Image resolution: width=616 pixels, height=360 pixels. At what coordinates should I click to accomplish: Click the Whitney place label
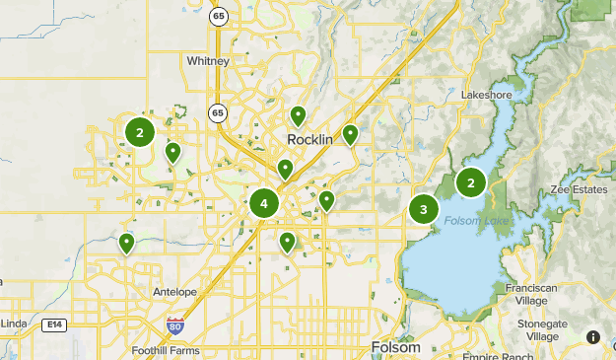207,61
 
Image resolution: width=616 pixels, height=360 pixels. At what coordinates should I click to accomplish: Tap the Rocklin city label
310,139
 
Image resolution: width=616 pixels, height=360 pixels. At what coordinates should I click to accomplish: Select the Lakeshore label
485,95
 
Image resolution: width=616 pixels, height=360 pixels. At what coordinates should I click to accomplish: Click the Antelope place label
175,292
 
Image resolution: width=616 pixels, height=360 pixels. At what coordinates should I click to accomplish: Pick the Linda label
12,324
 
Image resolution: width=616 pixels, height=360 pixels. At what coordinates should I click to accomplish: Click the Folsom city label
396,347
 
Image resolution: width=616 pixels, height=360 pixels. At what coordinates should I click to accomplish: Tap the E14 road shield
53,324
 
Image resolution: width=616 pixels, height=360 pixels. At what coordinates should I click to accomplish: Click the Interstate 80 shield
175,325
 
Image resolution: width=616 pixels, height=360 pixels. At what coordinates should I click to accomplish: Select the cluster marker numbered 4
264,204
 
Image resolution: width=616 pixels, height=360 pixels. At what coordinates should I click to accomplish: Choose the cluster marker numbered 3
424,209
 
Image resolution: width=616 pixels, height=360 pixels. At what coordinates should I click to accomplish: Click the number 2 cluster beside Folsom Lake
471,181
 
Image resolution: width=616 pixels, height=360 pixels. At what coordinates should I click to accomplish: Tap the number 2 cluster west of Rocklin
140,131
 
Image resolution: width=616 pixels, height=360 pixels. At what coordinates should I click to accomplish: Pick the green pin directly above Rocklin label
299,115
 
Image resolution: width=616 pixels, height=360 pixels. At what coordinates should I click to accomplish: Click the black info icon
593,337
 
